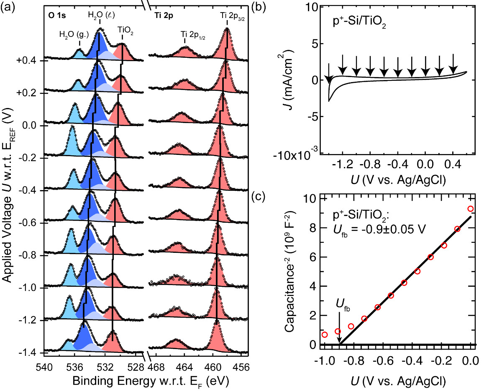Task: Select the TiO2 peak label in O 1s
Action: tap(123, 30)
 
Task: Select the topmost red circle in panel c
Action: tap(471, 208)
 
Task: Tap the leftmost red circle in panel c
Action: tap(325, 334)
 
